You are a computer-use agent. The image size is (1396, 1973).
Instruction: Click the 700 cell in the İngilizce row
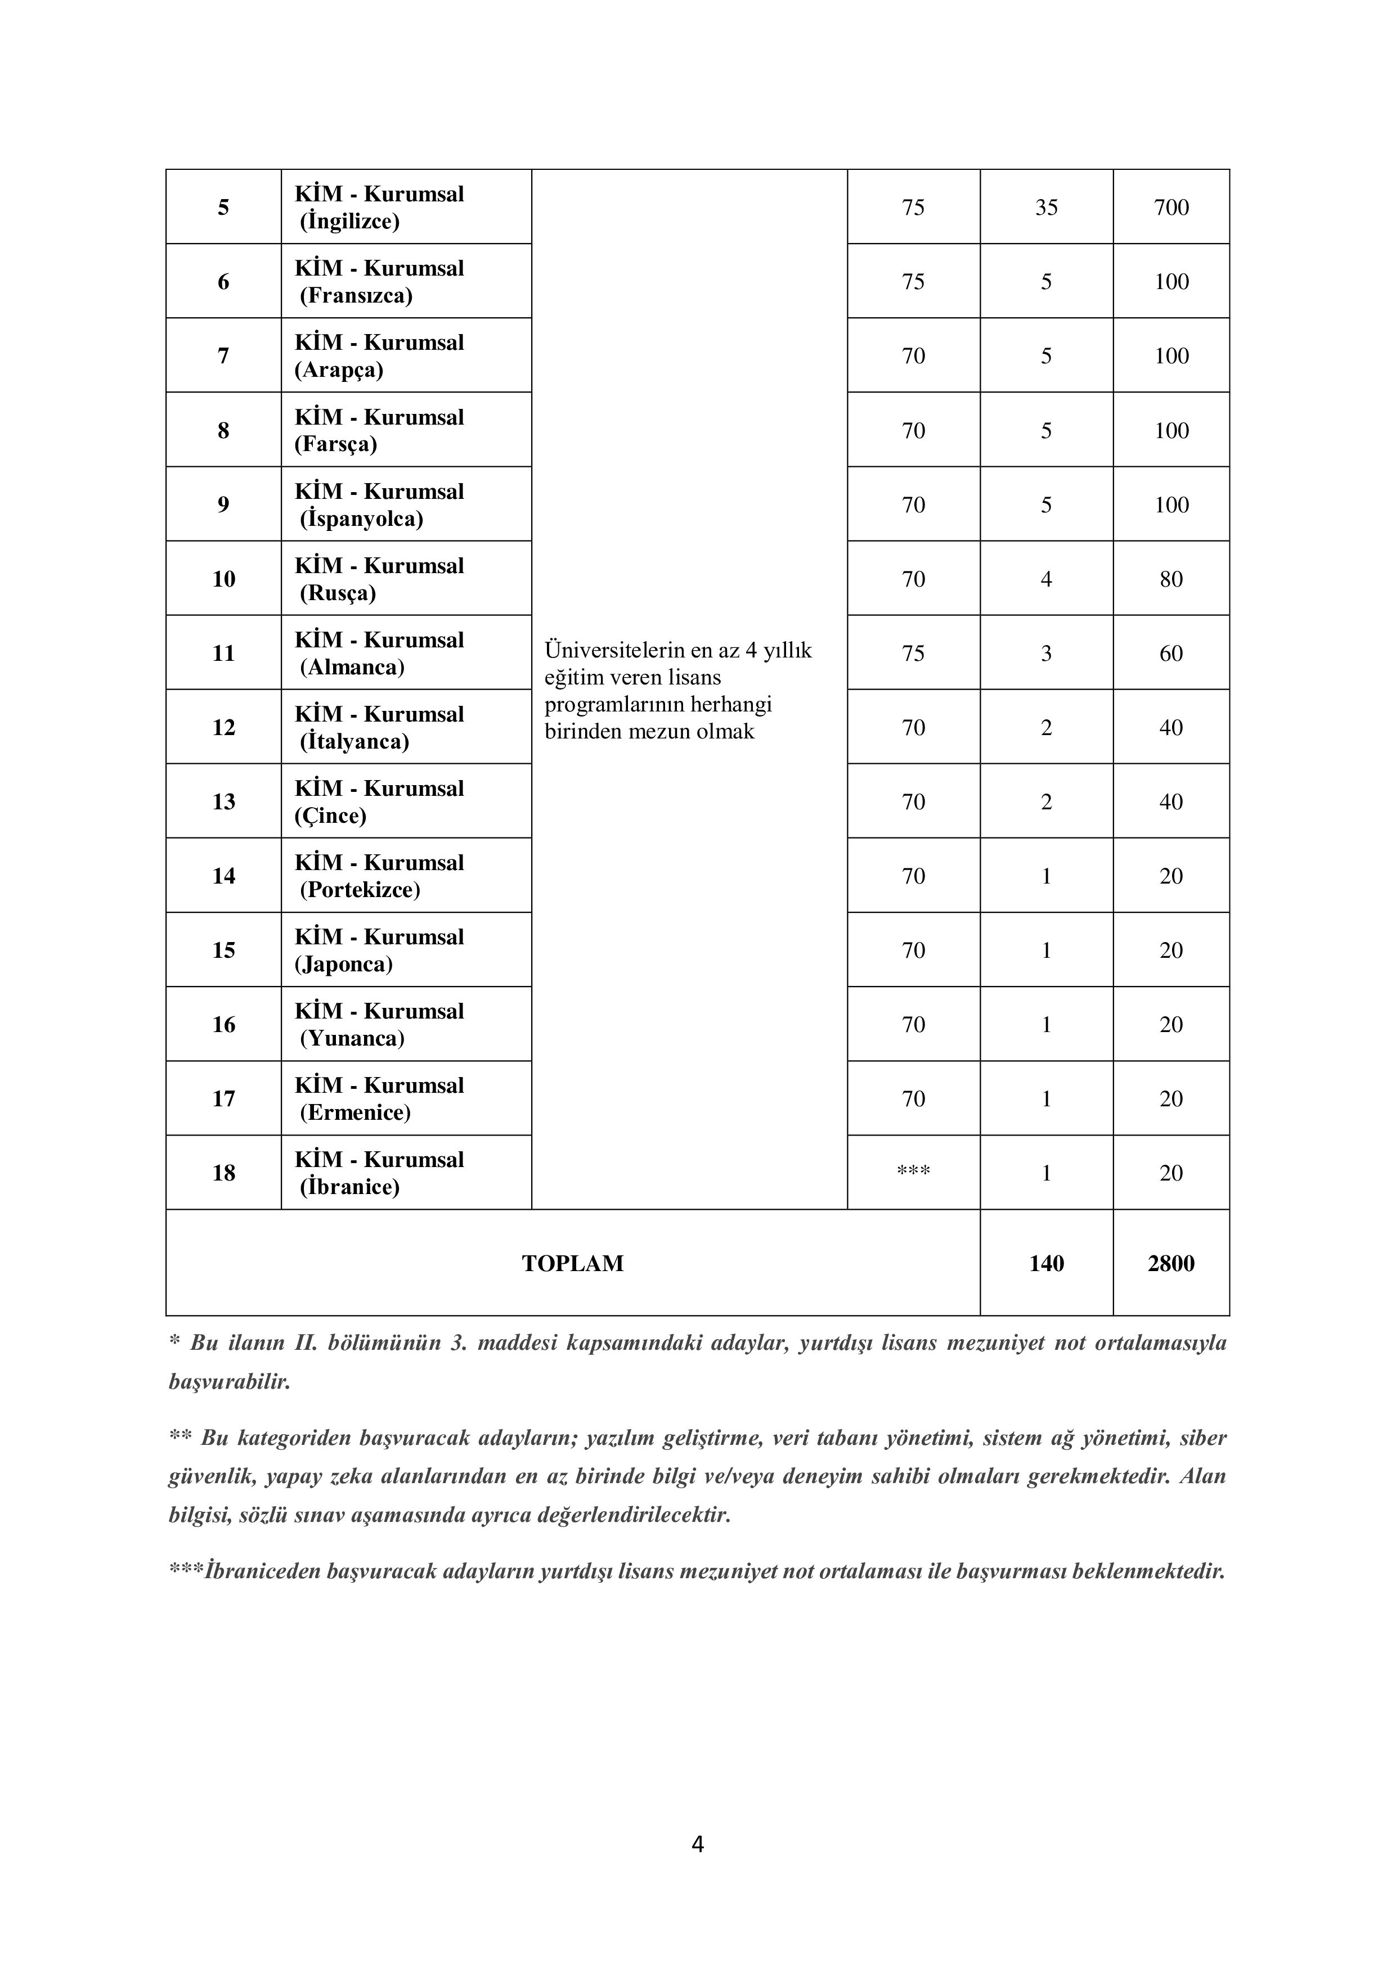coord(1171,207)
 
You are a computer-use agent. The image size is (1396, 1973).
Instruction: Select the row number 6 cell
coord(223,282)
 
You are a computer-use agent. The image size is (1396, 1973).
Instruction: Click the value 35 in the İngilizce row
coord(1046,207)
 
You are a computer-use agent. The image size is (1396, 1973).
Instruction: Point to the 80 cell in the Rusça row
coord(1171,579)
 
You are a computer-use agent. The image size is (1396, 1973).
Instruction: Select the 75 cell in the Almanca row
coord(913,653)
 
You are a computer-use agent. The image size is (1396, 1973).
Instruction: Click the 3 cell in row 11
coord(1046,653)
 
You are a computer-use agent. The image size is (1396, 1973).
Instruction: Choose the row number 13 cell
coord(223,802)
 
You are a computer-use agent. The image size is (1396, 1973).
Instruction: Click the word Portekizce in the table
coord(360,890)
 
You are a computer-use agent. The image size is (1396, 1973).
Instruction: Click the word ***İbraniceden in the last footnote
coord(248,1571)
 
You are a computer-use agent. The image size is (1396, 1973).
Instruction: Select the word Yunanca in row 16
coord(352,1039)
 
